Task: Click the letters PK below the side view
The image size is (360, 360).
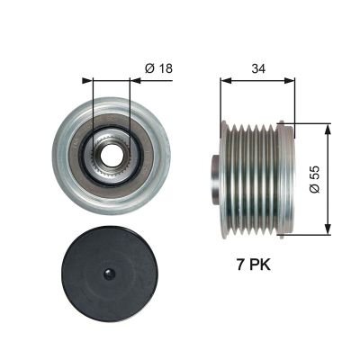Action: (259, 266)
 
